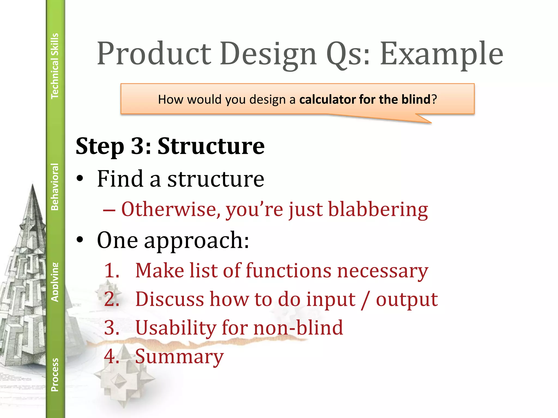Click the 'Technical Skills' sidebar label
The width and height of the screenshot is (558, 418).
55,66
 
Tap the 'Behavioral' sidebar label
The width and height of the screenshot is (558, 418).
55,187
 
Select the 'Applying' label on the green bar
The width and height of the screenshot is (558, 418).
55,282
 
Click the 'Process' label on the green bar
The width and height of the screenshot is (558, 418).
55,375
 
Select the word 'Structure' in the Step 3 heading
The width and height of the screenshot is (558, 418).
211,146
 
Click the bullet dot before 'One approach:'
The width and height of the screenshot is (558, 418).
80,240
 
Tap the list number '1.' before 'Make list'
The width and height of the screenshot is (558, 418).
112,271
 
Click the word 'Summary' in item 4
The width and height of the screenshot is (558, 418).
179,356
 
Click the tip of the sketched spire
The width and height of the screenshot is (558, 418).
33,186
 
